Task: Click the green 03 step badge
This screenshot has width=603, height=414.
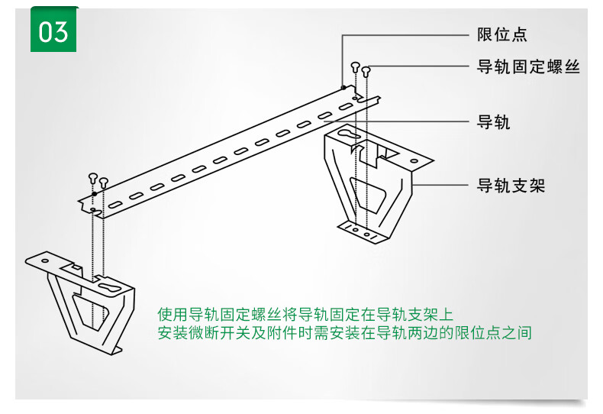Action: click(x=54, y=31)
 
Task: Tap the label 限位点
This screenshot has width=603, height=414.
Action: click(x=502, y=34)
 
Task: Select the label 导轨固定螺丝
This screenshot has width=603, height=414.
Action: click(x=528, y=67)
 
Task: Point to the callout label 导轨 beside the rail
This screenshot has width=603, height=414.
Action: click(x=493, y=122)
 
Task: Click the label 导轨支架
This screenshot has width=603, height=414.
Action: click(x=511, y=186)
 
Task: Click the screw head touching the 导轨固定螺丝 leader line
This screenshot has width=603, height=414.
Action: click(x=366, y=71)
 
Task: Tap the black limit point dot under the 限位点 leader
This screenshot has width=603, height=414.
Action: click(x=343, y=89)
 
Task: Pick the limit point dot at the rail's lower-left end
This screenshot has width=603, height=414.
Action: click(x=93, y=194)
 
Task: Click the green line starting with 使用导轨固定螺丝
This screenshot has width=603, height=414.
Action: click(x=305, y=314)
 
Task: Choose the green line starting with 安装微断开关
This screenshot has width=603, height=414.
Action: click(x=343, y=333)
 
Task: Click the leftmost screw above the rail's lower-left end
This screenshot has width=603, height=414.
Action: click(x=92, y=177)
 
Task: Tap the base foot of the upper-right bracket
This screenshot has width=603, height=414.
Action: click(x=366, y=231)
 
